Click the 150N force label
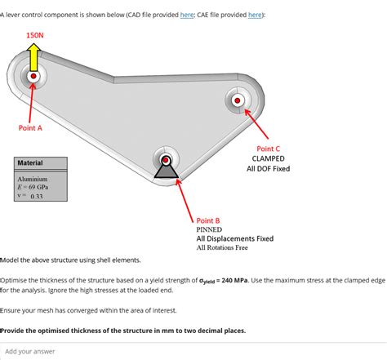(x=34, y=35)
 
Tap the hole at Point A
(x=33, y=77)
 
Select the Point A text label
(x=30, y=127)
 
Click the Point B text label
(x=208, y=220)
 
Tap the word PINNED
(x=209, y=229)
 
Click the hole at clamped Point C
(x=238, y=101)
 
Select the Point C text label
(x=269, y=149)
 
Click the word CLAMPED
(x=268, y=158)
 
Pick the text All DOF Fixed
(x=268, y=169)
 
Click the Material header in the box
(x=30, y=162)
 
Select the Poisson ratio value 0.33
(x=36, y=196)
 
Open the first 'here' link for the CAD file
(x=187, y=15)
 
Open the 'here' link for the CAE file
(x=255, y=15)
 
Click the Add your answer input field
(x=193, y=351)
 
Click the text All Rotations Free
(x=222, y=248)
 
